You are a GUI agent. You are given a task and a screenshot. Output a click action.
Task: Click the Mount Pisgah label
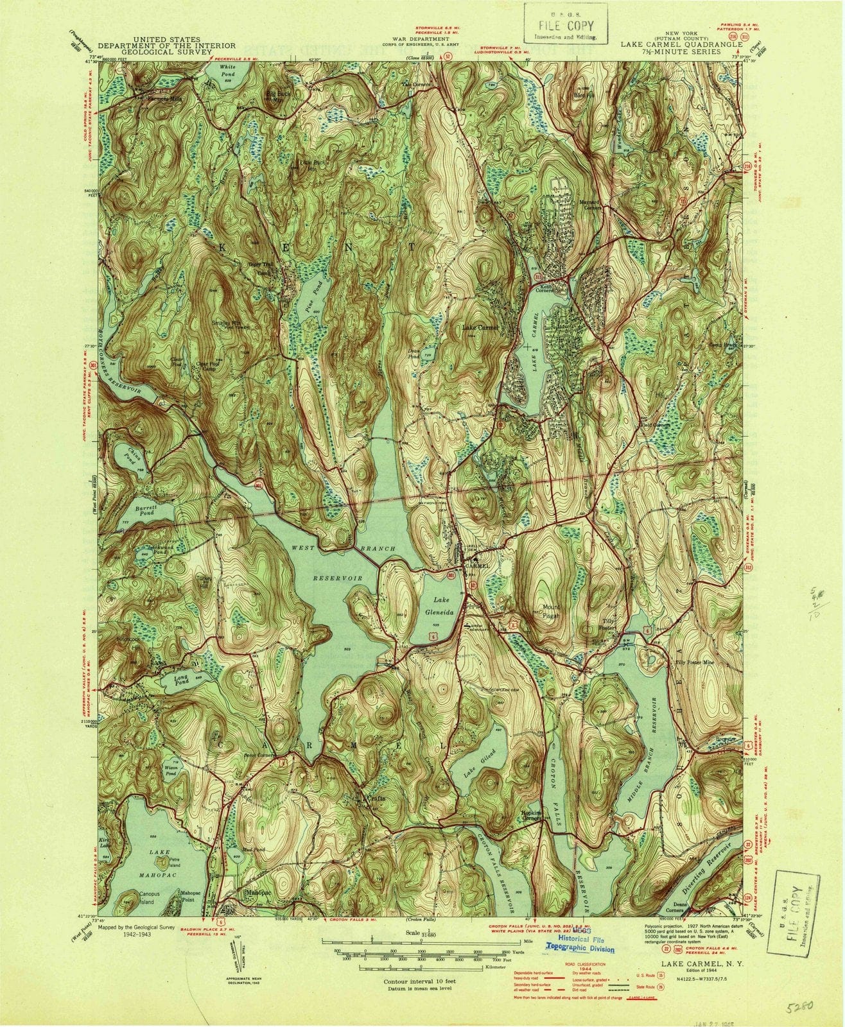552,609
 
